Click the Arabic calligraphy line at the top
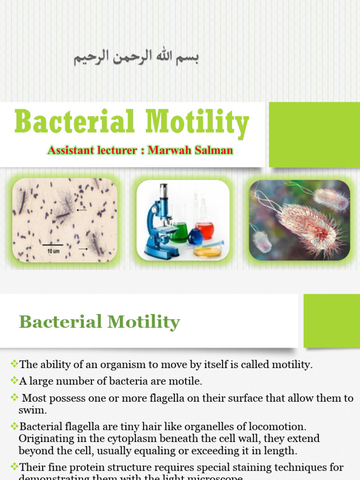pyautogui.click(x=136, y=58)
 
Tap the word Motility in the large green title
pyautogui.click(x=197, y=123)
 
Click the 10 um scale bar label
pyautogui.click(x=52, y=251)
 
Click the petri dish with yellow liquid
pyautogui.click(x=208, y=251)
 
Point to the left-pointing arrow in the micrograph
pyautogui.click(x=82, y=210)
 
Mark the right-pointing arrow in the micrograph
pyautogui.click(x=82, y=248)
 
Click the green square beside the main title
pyautogui.click(x=315, y=135)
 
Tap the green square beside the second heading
pyautogui.click(x=331, y=321)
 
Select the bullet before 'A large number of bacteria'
pyautogui.click(x=14, y=381)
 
